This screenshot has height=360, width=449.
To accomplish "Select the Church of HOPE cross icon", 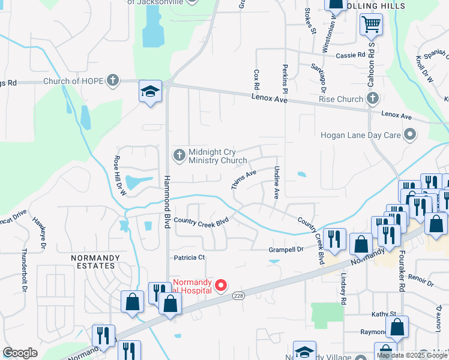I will coord(112,80).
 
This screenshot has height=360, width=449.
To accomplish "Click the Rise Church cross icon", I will coord(372,98).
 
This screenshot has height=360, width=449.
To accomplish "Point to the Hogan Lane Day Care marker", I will coord(411,135).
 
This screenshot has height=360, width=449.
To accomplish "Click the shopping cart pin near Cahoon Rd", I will coord(371,25).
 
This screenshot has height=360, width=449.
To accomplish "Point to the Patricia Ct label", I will coord(190,257).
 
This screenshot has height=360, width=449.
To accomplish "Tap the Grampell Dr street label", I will coord(286,249).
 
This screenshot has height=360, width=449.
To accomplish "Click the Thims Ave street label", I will coord(244,179).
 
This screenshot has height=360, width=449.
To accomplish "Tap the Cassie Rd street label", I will coord(351,55).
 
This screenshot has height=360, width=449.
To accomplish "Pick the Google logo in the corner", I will coord(20,353).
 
